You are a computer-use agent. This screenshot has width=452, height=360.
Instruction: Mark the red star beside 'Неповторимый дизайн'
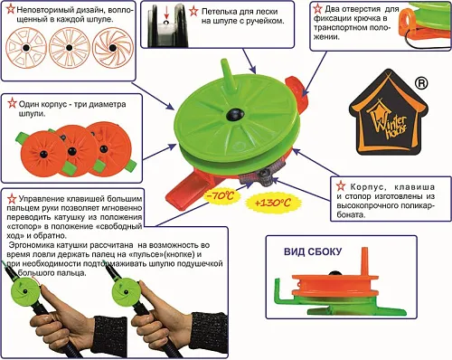point(10,7)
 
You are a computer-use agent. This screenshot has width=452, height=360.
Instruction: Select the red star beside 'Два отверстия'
point(316,7)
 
